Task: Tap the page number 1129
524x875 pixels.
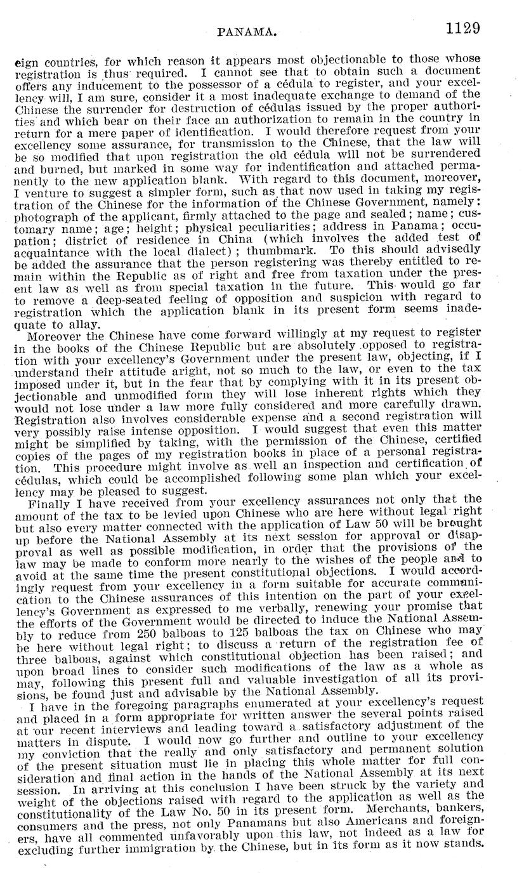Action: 462,29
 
